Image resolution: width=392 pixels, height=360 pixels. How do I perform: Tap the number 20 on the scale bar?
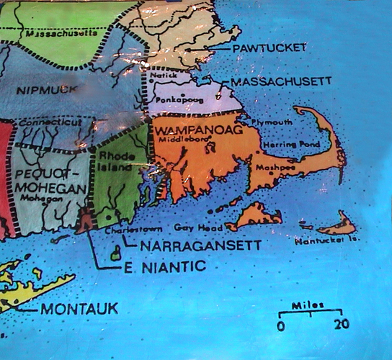coord(342,325)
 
